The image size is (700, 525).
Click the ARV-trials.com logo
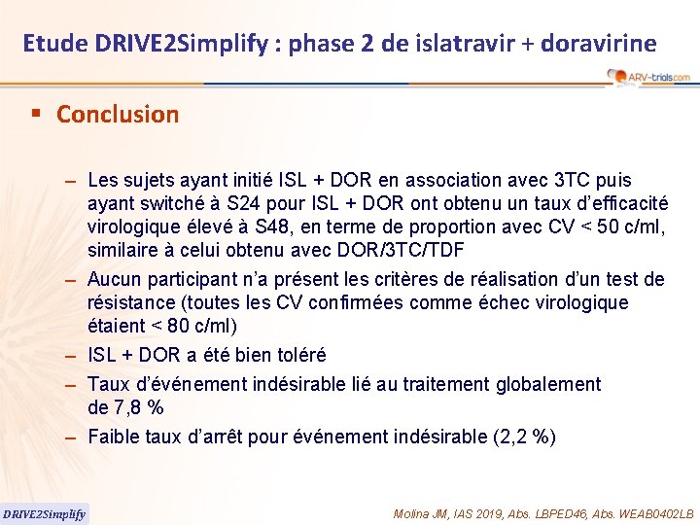(647, 77)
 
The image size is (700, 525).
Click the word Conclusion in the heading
(118, 114)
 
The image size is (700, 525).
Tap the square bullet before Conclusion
(36, 113)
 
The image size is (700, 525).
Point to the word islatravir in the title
(432, 43)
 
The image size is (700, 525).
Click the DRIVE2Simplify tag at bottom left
(44, 513)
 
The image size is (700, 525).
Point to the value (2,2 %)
(525, 437)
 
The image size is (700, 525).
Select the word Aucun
(113, 280)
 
